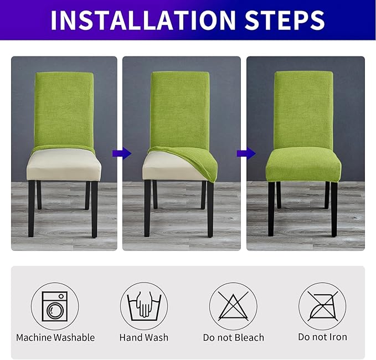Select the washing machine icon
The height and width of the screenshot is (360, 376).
click(55, 306)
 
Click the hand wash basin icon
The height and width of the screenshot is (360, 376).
click(144, 306)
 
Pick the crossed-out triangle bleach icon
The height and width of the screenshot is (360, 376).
click(233, 306)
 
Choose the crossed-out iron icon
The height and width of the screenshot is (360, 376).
click(322, 306)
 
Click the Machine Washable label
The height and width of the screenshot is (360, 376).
click(55, 337)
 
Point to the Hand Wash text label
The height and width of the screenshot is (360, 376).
click(144, 337)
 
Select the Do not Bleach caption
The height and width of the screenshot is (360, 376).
click(233, 337)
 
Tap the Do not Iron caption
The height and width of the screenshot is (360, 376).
click(322, 337)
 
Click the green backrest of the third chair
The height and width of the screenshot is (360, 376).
click(303, 108)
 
